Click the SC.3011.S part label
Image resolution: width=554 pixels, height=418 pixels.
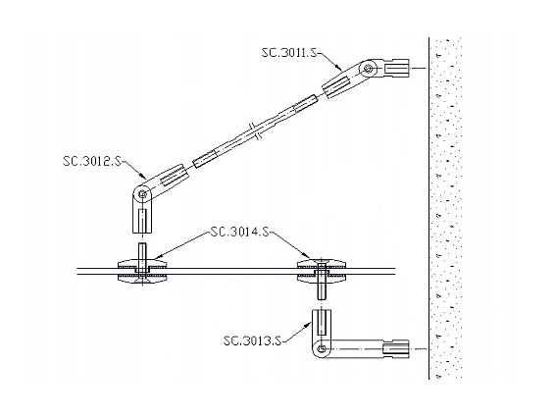(x=289, y=53)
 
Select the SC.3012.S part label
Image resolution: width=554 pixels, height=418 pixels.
(x=91, y=161)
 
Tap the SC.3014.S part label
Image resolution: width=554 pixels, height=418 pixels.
(x=239, y=232)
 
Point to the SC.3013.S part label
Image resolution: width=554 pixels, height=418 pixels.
(x=252, y=340)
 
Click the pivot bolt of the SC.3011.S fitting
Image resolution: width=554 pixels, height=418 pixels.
(x=369, y=69)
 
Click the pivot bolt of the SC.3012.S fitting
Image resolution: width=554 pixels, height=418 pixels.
(x=142, y=194)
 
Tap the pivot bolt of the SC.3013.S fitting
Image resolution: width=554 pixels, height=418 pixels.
(x=322, y=349)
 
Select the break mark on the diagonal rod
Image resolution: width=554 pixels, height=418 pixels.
(x=255, y=131)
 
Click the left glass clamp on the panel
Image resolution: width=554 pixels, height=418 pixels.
(x=142, y=271)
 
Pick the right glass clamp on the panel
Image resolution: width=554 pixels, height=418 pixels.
(x=322, y=271)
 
